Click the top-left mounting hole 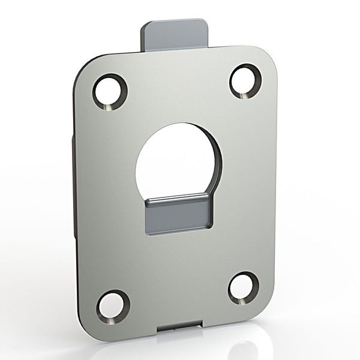(x=110, y=91)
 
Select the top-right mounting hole (x=245, y=80)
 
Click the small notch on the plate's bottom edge (x=181, y=329)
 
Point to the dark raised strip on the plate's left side (x=74, y=186)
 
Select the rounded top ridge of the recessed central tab (x=178, y=200)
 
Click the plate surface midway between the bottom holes (x=178, y=296)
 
